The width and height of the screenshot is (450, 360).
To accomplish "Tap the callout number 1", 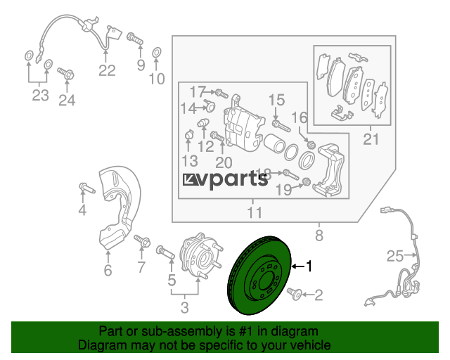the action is tap(309, 266).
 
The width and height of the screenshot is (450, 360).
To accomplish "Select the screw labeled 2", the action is tap(294, 295).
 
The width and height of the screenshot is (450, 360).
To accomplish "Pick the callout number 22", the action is tap(107, 70).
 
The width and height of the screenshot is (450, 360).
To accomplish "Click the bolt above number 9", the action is tap(135, 39).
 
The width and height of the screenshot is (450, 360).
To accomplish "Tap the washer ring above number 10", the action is tap(156, 53).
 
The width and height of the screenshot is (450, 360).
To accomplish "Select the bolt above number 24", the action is tap(65, 74).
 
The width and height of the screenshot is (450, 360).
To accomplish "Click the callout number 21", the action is tap(371, 139).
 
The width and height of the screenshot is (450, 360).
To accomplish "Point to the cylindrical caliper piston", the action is tap(274, 143).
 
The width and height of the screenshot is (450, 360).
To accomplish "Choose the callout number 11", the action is tap(255, 213).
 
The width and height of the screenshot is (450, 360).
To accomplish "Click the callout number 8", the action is tap(319, 235).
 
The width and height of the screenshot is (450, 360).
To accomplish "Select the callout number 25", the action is tap(395, 256).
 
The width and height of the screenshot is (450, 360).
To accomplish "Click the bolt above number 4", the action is tap(86, 188).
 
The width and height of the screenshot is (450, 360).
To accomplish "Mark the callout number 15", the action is tap(276, 100).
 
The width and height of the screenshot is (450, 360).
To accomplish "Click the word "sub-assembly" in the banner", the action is tap(181, 331).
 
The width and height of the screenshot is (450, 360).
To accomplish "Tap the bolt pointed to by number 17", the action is tap(221, 93).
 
